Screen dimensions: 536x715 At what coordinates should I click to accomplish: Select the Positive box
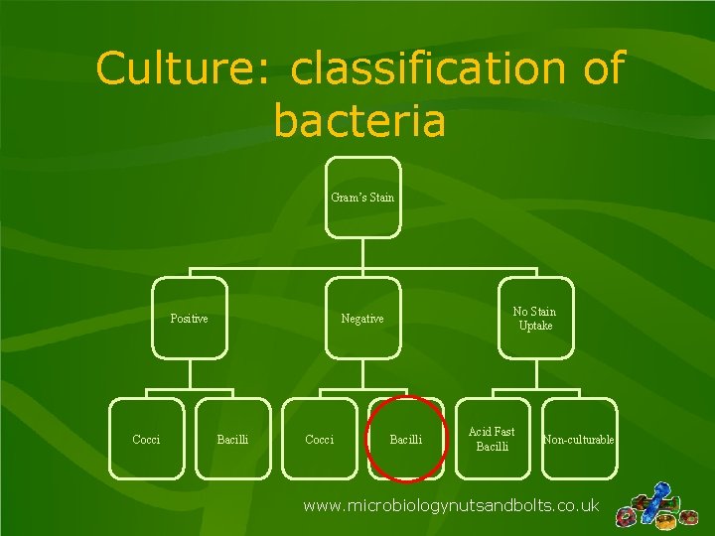[189, 319]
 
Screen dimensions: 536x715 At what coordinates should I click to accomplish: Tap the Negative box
[362, 319]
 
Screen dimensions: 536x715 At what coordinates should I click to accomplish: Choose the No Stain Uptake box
[534, 319]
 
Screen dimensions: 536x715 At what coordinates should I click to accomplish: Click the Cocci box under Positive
[146, 439]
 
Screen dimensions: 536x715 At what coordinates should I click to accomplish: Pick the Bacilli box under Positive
[232, 439]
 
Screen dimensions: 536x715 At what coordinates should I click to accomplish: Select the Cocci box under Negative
[319, 439]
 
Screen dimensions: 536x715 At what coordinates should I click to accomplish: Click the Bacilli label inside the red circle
[405, 440]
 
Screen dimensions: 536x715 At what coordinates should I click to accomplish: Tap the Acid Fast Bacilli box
[492, 439]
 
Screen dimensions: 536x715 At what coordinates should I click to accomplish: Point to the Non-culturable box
[578, 439]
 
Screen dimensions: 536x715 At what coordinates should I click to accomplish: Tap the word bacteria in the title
[359, 121]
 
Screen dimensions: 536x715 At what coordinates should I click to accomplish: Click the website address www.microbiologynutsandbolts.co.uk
[451, 505]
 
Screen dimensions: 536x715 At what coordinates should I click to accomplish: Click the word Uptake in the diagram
[534, 326]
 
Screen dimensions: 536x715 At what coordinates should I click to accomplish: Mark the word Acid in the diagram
[480, 432]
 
